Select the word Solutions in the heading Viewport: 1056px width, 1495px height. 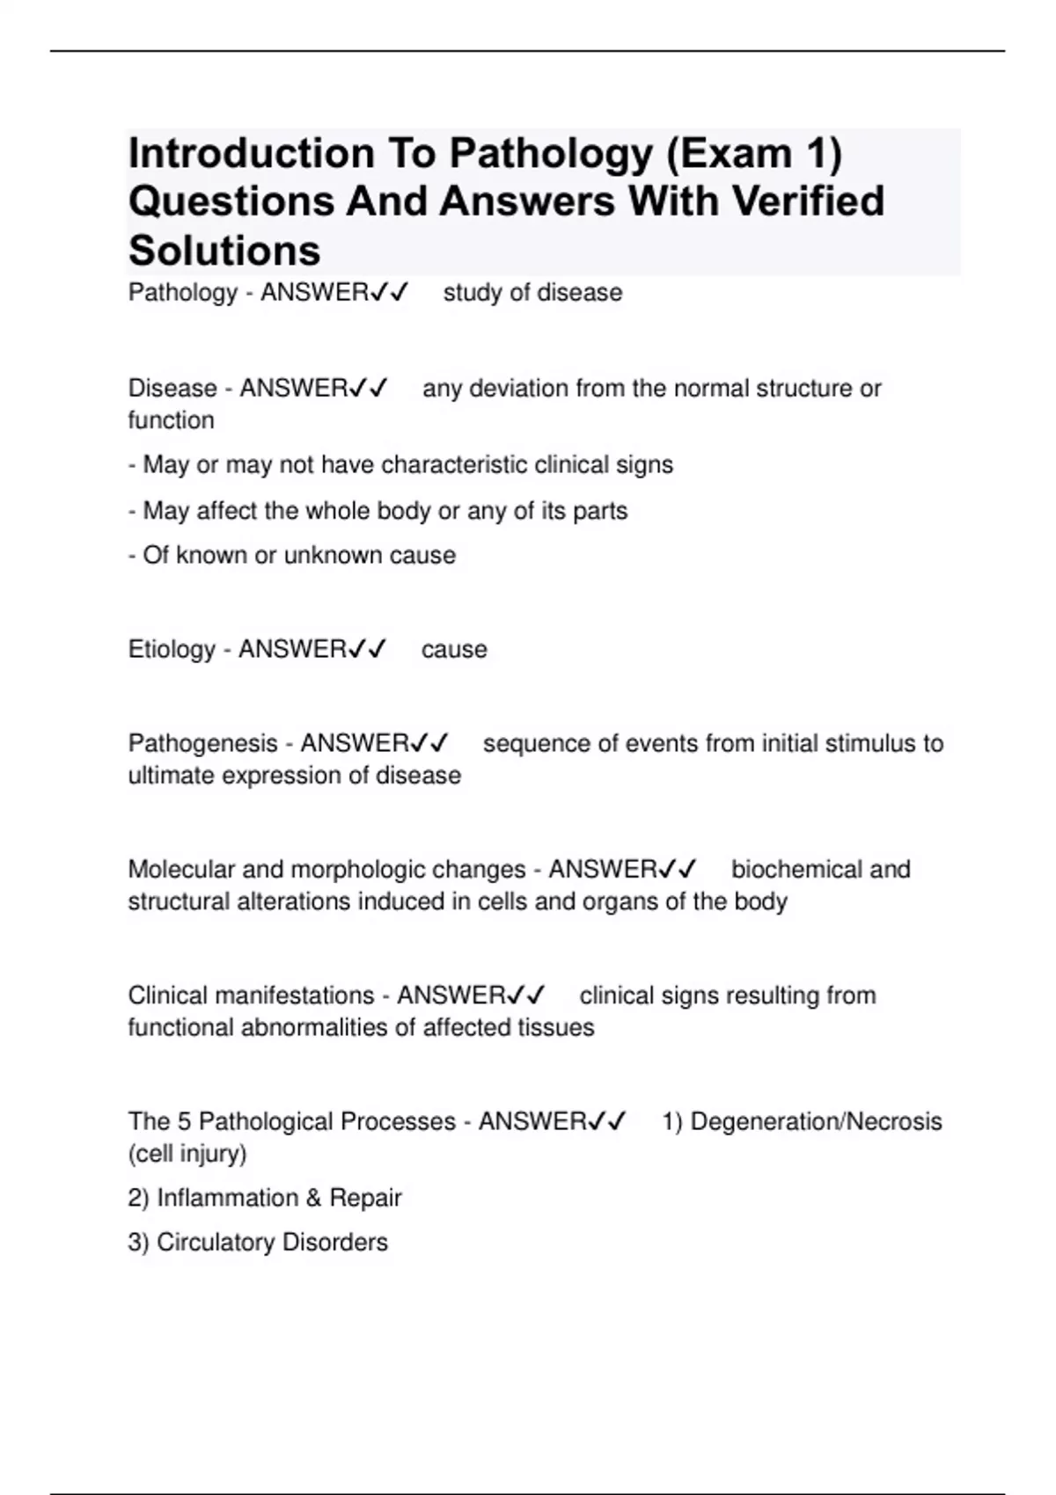[224, 251]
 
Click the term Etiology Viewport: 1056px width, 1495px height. [172, 649]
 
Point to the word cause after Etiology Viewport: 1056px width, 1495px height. [454, 649]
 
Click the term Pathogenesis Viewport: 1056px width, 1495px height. [202, 743]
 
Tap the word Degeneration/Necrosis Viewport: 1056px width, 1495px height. [816, 1121]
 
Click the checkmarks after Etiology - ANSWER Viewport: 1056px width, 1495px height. [367, 649]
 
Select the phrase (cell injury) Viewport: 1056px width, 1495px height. [187, 1153]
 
